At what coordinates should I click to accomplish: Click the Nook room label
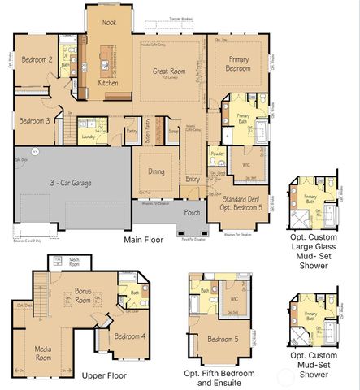click(109, 24)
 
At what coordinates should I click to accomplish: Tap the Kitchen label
click(108, 83)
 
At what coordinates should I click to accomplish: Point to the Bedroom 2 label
click(37, 59)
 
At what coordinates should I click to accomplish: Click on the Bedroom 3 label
click(36, 120)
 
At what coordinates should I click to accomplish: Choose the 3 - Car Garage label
click(69, 184)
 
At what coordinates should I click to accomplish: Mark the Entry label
click(193, 179)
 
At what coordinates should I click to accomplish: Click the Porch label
click(192, 213)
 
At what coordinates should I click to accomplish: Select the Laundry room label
click(89, 137)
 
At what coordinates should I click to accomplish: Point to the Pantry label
click(131, 130)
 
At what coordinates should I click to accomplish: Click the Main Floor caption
click(144, 240)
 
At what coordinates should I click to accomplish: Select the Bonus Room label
click(82, 294)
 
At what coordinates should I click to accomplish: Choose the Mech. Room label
click(74, 262)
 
